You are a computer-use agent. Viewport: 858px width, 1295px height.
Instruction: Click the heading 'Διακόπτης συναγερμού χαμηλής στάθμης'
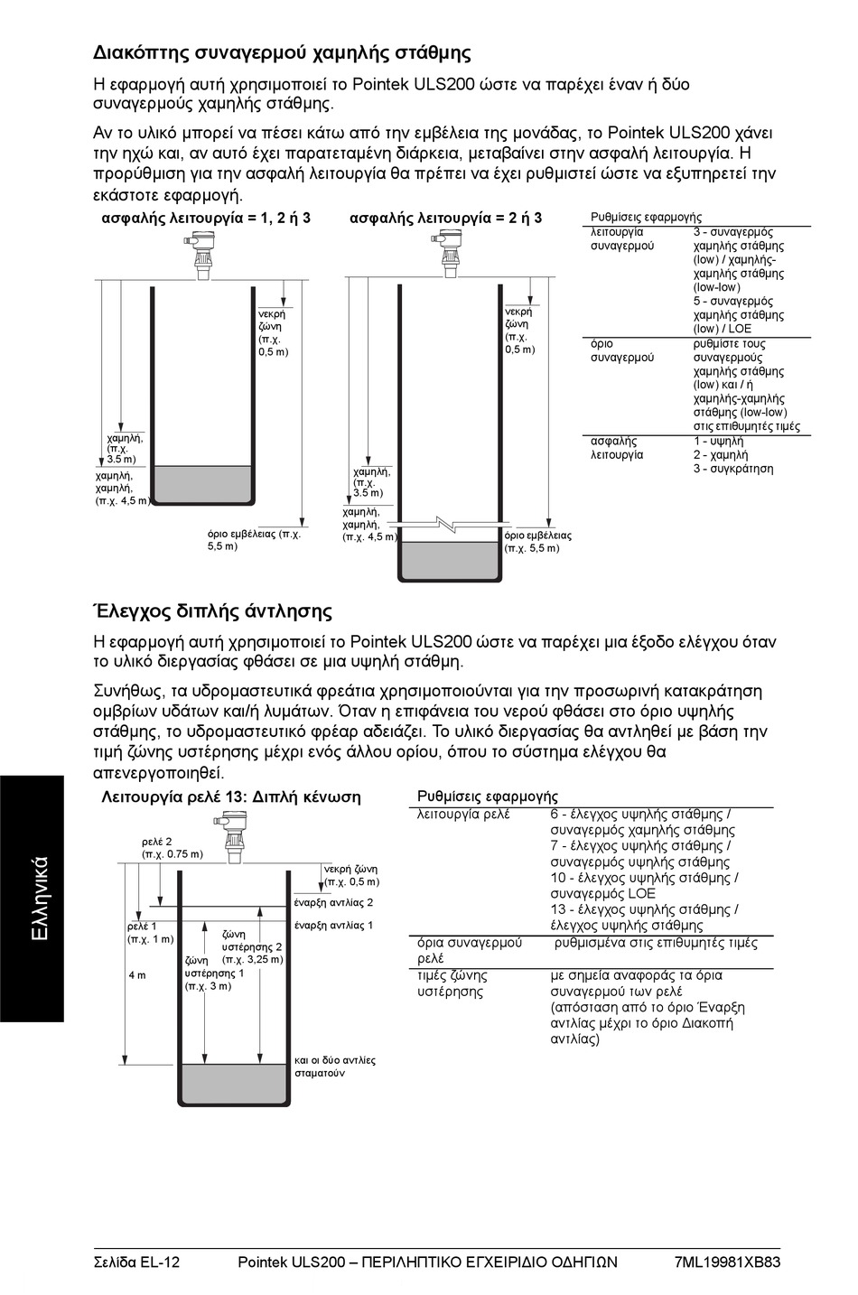282,52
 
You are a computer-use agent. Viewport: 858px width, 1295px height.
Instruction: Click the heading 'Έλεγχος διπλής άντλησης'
213,611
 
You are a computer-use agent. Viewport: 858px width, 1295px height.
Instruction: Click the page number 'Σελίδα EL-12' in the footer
136,1262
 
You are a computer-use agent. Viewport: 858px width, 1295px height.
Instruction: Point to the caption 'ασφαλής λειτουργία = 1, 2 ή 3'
206,219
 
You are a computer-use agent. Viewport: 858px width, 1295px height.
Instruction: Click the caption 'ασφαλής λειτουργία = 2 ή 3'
445,219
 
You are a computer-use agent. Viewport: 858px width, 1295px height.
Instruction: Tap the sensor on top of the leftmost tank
200,252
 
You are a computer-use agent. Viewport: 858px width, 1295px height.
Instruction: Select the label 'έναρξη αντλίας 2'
333,902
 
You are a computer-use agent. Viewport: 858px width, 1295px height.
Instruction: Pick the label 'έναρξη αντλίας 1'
333,926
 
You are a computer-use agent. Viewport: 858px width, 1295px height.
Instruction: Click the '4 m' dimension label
136,976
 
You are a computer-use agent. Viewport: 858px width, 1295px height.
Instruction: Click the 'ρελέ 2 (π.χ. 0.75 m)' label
173,847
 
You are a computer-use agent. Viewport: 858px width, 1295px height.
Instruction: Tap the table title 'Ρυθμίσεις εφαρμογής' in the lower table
488,797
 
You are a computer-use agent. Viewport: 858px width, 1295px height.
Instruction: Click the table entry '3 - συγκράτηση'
732,469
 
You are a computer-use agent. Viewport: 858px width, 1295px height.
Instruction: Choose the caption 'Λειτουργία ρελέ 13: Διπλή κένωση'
231,797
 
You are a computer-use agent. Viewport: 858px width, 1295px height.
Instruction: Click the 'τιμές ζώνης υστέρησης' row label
452,983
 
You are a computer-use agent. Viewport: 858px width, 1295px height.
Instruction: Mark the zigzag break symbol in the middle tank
449,524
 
